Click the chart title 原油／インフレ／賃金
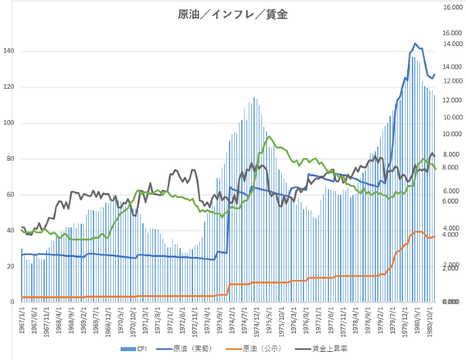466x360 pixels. pos(233,14)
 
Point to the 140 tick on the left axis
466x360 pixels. pos(9,52)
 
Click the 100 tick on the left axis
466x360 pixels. pos(9,123)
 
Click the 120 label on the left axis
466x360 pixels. pos(9,87)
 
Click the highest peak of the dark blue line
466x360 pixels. pos(415,43)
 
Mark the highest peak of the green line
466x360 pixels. pos(270,137)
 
